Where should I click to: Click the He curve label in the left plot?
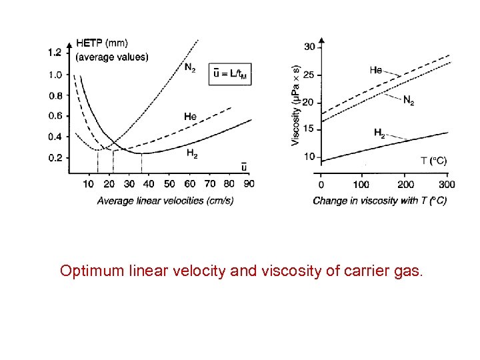(190, 117)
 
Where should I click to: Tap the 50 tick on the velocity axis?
(169, 184)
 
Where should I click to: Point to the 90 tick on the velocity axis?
(249, 184)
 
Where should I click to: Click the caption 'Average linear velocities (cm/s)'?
(165, 201)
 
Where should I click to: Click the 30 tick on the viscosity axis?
(309, 47)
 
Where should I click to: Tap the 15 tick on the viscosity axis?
(309, 129)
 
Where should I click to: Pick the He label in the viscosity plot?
(375, 69)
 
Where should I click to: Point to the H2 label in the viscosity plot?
(379, 133)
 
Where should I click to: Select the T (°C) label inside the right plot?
(433, 161)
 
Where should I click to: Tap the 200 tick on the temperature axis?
(405, 185)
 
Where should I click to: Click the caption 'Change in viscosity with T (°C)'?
(379, 201)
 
